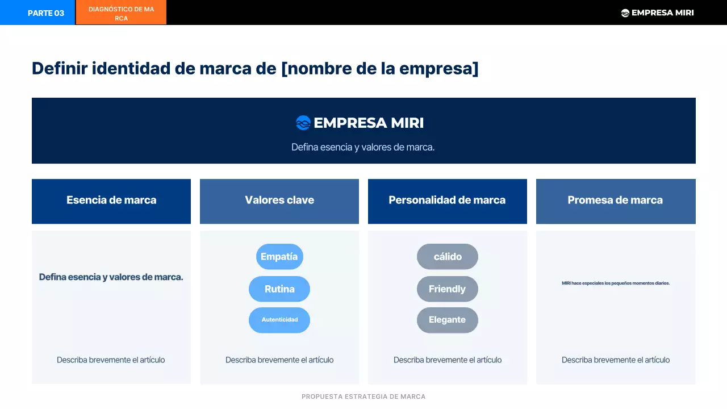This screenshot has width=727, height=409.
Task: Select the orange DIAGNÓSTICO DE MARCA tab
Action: [121, 13]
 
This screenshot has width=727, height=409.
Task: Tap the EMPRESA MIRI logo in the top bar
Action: [657, 12]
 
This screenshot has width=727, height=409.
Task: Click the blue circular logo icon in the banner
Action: [303, 123]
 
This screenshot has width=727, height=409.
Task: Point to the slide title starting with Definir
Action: [255, 68]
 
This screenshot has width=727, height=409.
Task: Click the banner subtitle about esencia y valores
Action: [363, 147]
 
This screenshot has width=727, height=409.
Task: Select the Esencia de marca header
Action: [111, 201]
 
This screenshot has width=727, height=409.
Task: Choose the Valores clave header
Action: [279, 201]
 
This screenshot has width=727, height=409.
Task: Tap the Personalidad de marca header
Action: [447, 201]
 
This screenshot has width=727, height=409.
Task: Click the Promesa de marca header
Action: [615, 201]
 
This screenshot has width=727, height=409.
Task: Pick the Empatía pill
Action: [279, 257]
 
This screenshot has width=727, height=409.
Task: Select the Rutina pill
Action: [279, 289]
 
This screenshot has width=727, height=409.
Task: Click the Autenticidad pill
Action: [279, 320]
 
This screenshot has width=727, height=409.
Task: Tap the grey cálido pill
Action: [448, 257]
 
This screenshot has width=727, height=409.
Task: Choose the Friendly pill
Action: [448, 289]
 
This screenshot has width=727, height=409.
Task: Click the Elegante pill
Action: [448, 320]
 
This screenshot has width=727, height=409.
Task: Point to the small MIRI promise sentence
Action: [615, 283]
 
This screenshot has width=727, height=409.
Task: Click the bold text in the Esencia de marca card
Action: [111, 277]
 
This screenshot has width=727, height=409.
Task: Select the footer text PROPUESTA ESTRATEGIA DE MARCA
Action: [363, 397]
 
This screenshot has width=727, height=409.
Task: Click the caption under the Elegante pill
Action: [448, 360]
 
